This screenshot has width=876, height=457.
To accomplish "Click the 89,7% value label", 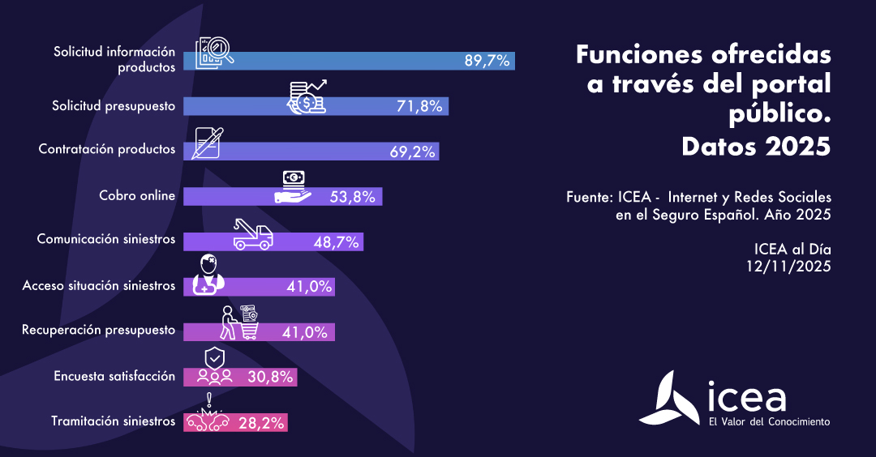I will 487,61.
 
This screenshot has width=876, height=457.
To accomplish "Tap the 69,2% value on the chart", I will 413,152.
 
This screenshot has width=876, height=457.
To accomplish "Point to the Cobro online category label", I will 137,195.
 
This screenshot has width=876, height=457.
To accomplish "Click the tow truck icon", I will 252,234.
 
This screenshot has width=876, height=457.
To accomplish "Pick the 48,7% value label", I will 337,241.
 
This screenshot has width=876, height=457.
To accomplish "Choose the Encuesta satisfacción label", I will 114,376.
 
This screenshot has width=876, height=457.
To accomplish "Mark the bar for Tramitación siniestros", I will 236,421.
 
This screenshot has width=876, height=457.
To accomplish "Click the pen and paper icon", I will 208,143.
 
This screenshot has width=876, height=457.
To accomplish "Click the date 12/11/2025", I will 789,265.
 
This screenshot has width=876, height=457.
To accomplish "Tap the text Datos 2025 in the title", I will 756,147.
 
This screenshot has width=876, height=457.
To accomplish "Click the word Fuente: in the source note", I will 589,198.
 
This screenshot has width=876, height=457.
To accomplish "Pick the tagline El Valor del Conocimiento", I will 769,421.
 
